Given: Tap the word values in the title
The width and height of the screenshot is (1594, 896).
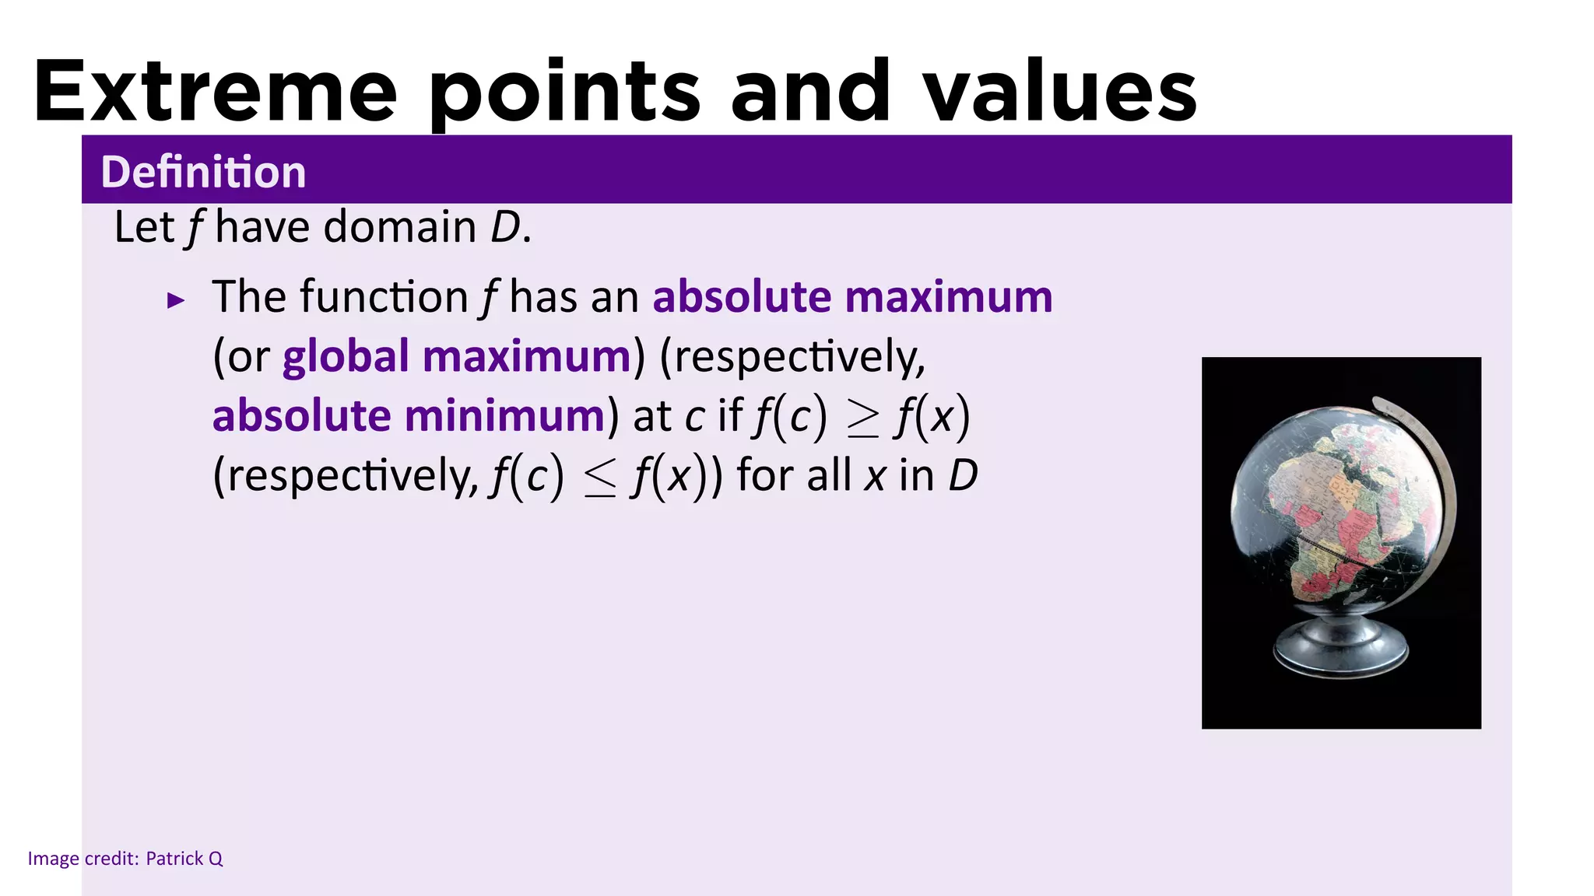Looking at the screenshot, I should (1060, 92).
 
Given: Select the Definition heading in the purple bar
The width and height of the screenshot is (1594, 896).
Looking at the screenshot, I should (203, 171).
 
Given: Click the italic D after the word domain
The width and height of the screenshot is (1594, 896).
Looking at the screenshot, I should (505, 227).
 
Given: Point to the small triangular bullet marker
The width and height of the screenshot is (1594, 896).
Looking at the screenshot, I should (177, 300).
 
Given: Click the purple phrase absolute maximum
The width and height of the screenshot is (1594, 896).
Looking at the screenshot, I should (852, 297).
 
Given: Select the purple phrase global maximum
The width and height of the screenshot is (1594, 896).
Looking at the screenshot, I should (456, 356).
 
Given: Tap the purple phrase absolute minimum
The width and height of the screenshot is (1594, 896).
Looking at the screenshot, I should (409, 415).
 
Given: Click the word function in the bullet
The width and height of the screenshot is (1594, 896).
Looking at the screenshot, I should (383, 297).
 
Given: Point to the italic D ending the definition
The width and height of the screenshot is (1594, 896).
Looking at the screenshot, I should (963, 475).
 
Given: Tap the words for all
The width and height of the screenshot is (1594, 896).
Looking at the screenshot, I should (794, 475).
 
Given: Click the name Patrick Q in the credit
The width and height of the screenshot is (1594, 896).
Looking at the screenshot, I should (184, 859).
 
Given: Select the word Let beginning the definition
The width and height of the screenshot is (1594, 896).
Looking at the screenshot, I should (144, 227).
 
